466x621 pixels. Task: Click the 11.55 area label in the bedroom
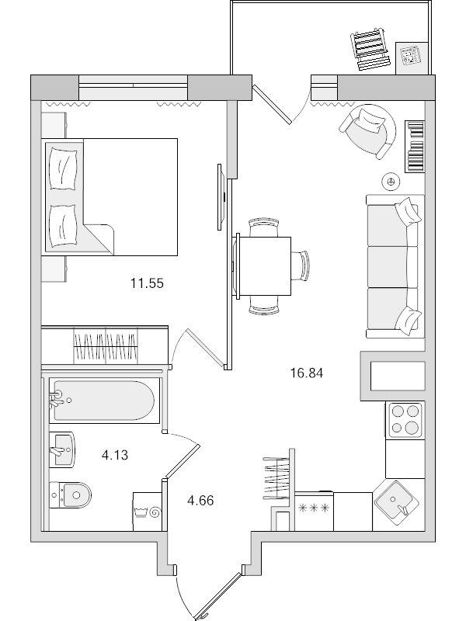coord(147,284)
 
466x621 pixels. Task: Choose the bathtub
coord(103,401)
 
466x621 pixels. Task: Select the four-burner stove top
coord(404,419)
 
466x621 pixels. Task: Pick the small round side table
coord(391,181)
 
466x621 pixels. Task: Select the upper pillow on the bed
coord(63,164)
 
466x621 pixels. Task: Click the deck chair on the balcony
coord(371,46)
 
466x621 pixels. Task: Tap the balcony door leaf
coord(275,105)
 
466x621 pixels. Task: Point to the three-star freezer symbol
coord(314,508)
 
